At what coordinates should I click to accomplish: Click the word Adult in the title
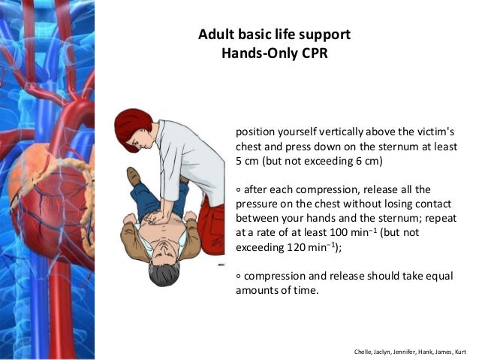click(x=216, y=35)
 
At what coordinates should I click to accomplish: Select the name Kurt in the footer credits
click(x=459, y=350)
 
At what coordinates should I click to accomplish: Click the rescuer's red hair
click(x=127, y=123)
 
